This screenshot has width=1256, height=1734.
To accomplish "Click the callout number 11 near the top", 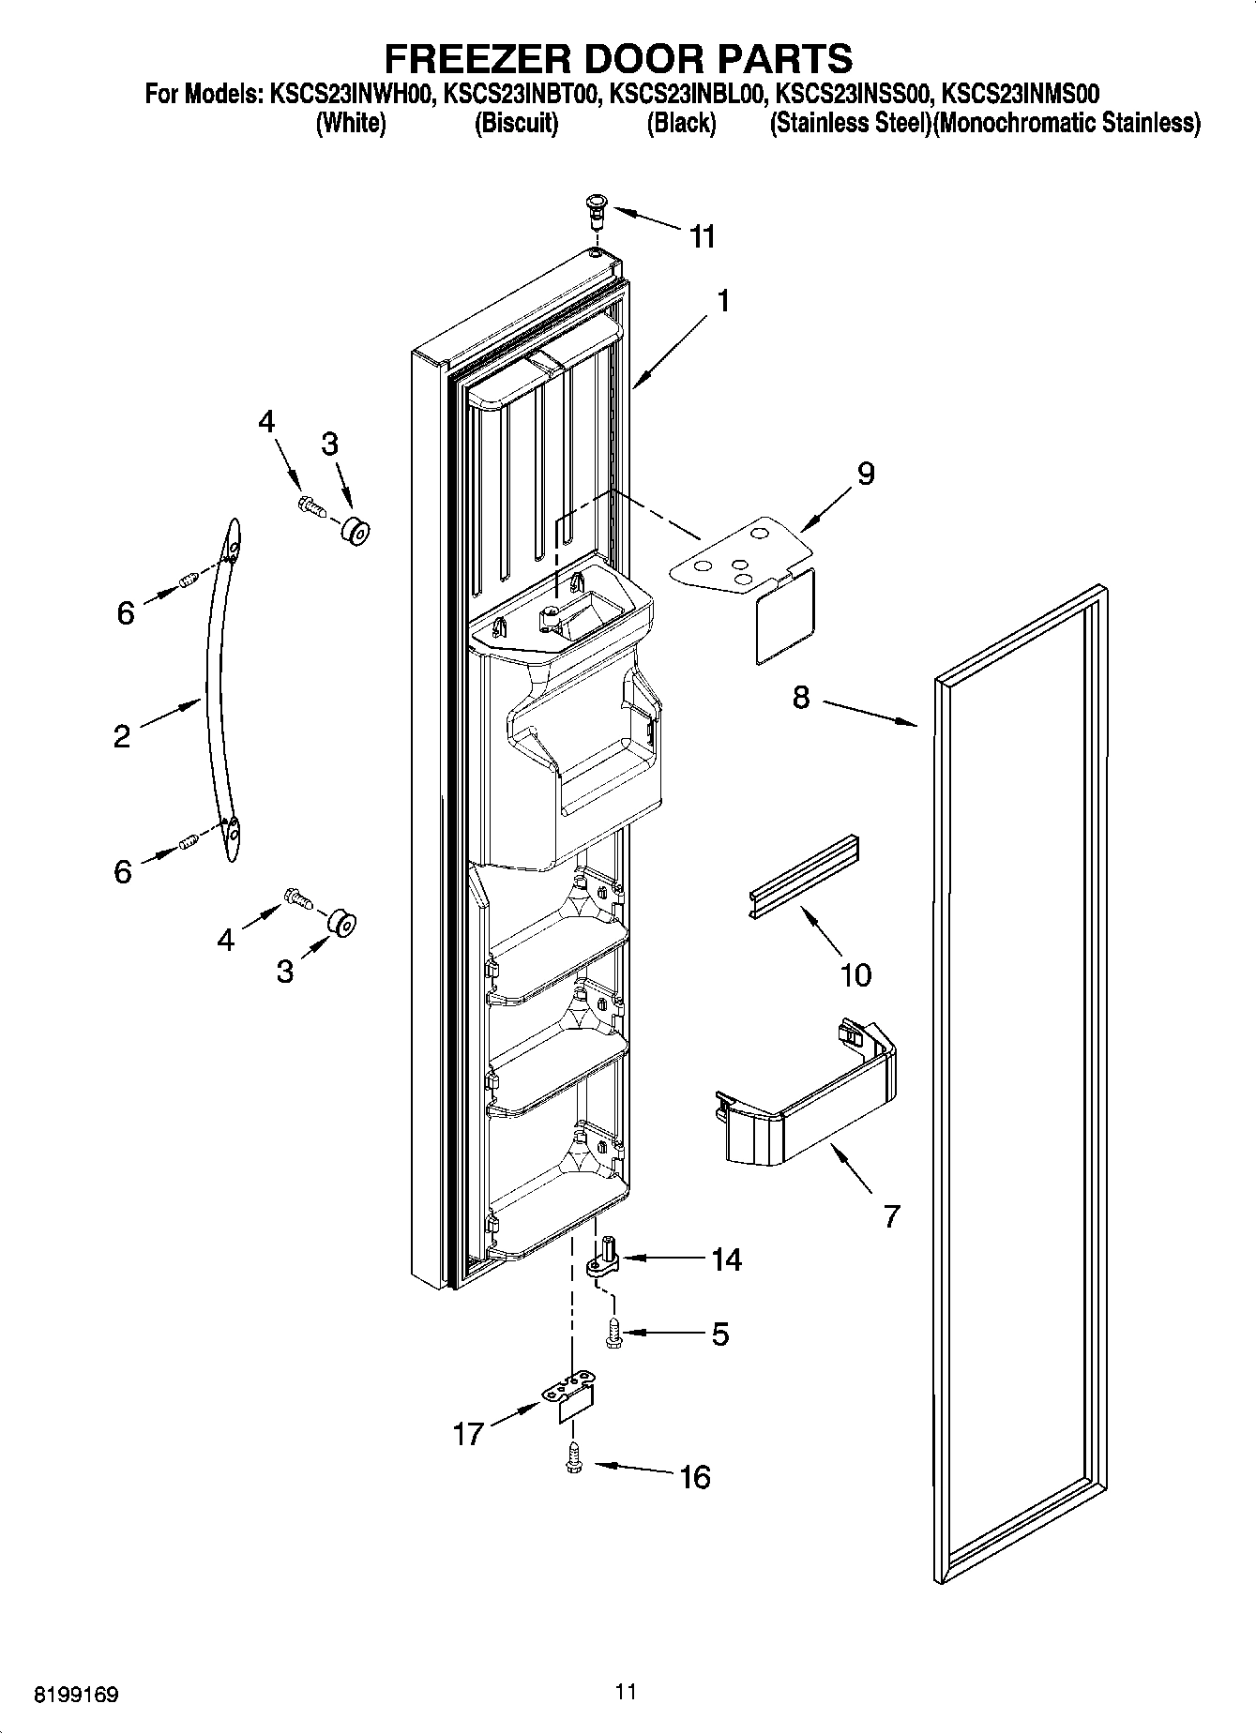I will pos(702,236).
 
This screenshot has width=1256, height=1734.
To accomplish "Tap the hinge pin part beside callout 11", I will pos(596,209).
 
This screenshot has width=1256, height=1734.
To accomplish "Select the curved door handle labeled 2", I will pos(218,694).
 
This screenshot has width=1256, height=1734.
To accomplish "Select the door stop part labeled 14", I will pos(603,1258).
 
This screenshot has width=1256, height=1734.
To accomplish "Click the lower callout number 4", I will pos(225,939).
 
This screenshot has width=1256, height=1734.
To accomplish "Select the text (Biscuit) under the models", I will pos(516,123).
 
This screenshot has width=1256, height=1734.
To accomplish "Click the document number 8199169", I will pos(76,1694).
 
